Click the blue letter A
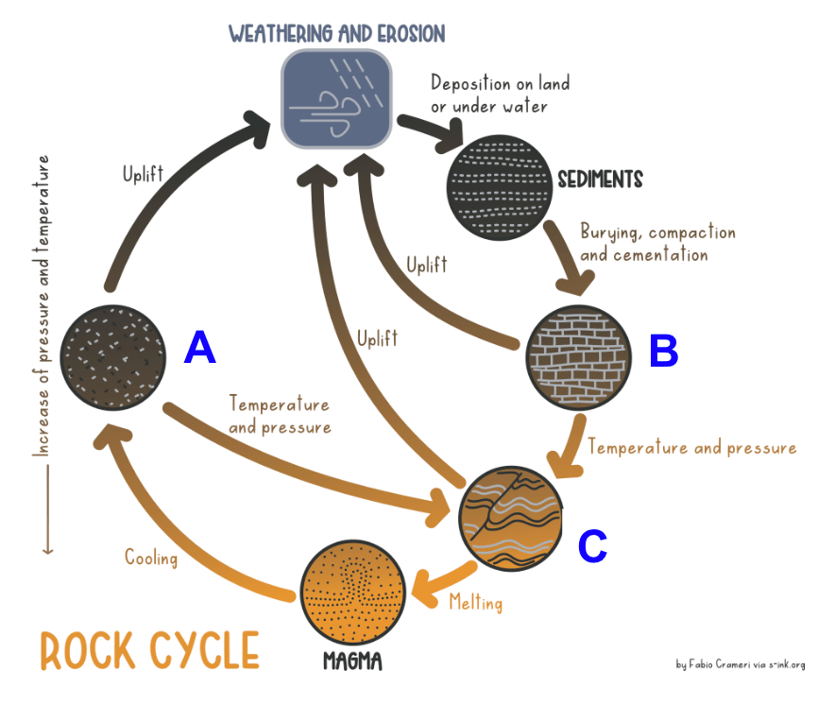tap(200, 347)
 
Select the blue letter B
tap(664, 351)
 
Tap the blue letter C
tap(592, 546)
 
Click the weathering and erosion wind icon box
tap(336, 99)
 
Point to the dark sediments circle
tap(500, 188)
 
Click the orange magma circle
tap(353, 593)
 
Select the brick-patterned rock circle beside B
tap(578, 358)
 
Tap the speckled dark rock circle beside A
tap(113, 358)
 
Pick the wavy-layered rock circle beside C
tap(511, 519)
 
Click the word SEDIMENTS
tap(600, 180)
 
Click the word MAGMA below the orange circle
tap(352, 662)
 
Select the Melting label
tap(476, 602)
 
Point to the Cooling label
tap(151, 558)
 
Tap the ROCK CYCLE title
tap(150, 650)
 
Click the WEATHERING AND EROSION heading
tap(337, 34)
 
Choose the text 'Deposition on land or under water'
tap(500, 94)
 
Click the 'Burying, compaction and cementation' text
tap(657, 243)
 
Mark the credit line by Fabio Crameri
tap(741, 664)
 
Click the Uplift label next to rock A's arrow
tap(143, 174)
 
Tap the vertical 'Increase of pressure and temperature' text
tap(42, 305)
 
